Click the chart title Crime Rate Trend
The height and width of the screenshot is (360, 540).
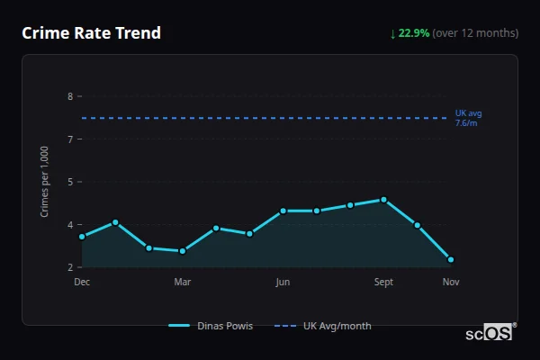tap(91, 33)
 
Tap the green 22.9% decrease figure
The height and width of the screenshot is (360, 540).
tap(415, 33)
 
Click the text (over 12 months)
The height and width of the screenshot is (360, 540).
tap(475, 33)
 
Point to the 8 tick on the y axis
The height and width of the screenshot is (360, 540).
tap(70, 96)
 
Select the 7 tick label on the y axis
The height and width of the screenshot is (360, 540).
tap(70, 139)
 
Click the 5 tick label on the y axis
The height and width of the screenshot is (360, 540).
tap(70, 182)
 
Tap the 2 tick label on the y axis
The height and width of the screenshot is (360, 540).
tap(70, 267)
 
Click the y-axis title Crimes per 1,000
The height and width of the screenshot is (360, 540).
tap(45, 182)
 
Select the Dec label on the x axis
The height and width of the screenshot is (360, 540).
tap(82, 282)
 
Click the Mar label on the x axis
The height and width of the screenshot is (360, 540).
tap(183, 282)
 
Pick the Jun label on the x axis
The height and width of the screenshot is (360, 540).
tap(283, 282)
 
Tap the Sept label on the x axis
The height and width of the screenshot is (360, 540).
tap(383, 282)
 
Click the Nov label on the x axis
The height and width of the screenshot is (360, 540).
tap(451, 282)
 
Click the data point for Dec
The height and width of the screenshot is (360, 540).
tap(82, 237)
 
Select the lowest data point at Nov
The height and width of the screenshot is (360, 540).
tap(451, 259)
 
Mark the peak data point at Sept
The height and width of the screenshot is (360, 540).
tap(383, 200)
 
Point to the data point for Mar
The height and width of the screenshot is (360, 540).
tap(183, 251)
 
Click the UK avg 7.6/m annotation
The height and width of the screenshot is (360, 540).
tap(468, 118)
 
